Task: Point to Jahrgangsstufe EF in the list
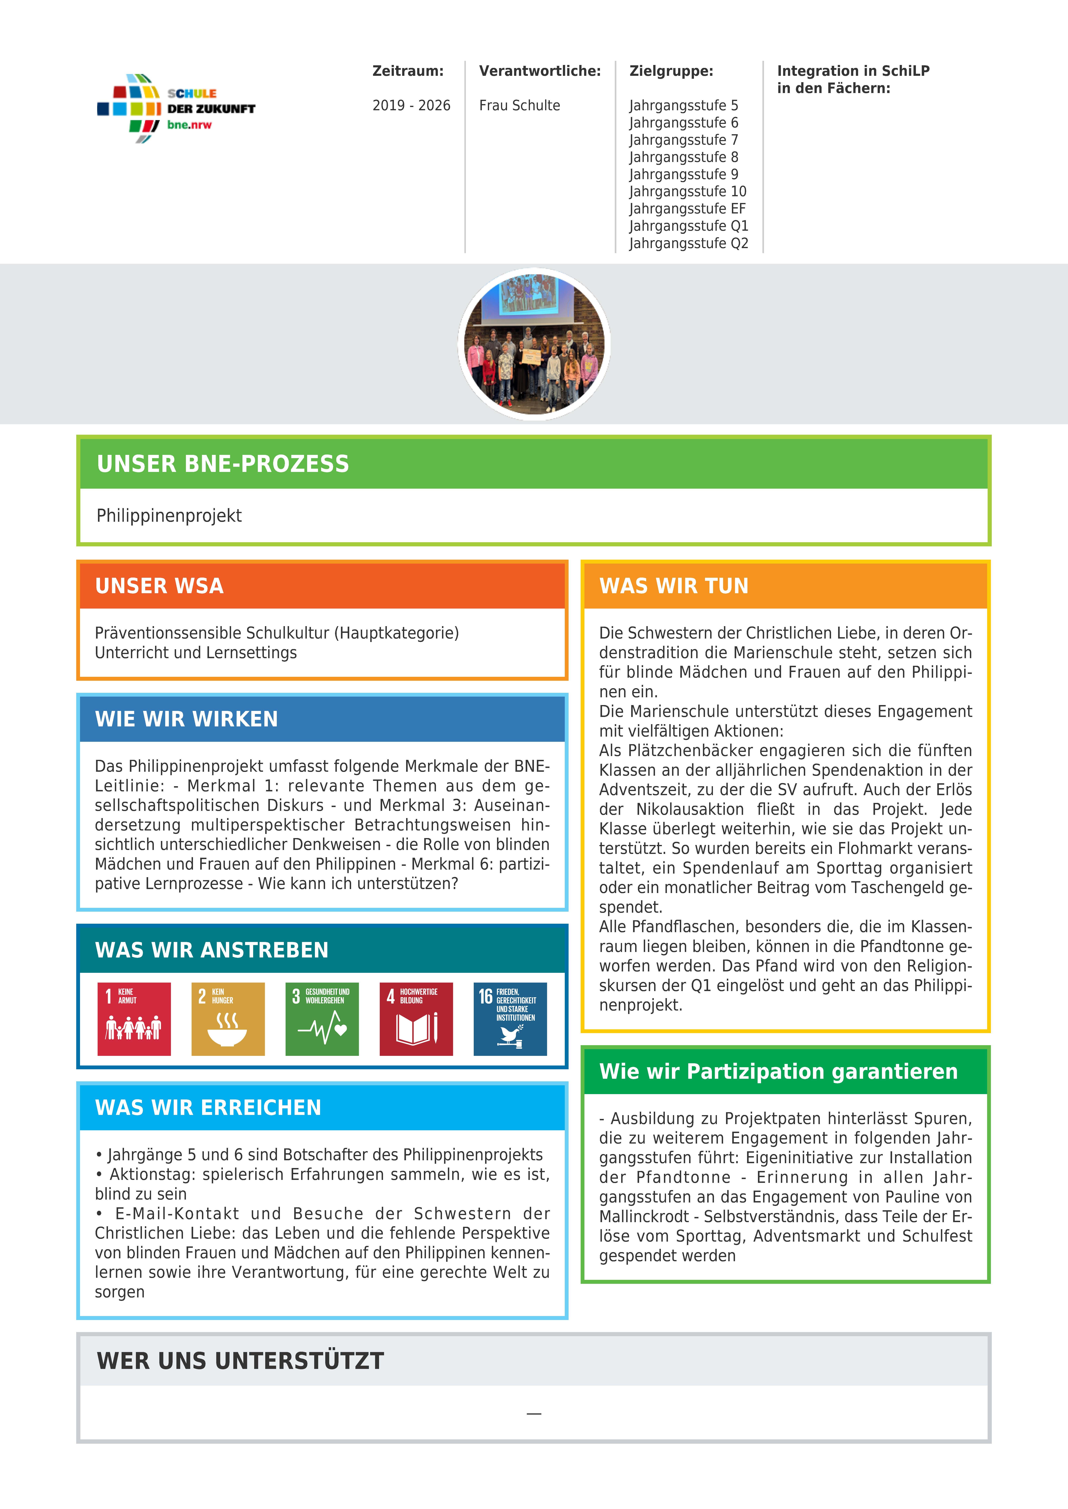pyautogui.click(x=687, y=209)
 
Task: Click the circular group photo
pyautogui.click(x=534, y=344)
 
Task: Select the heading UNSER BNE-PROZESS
pyautogui.click(x=223, y=464)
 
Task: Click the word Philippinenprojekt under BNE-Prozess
pyautogui.click(x=169, y=516)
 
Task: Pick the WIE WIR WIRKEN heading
pyautogui.click(x=187, y=719)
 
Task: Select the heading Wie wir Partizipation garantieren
pyautogui.click(x=779, y=1071)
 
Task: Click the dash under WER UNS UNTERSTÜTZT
pyautogui.click(x=534, y=1414)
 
